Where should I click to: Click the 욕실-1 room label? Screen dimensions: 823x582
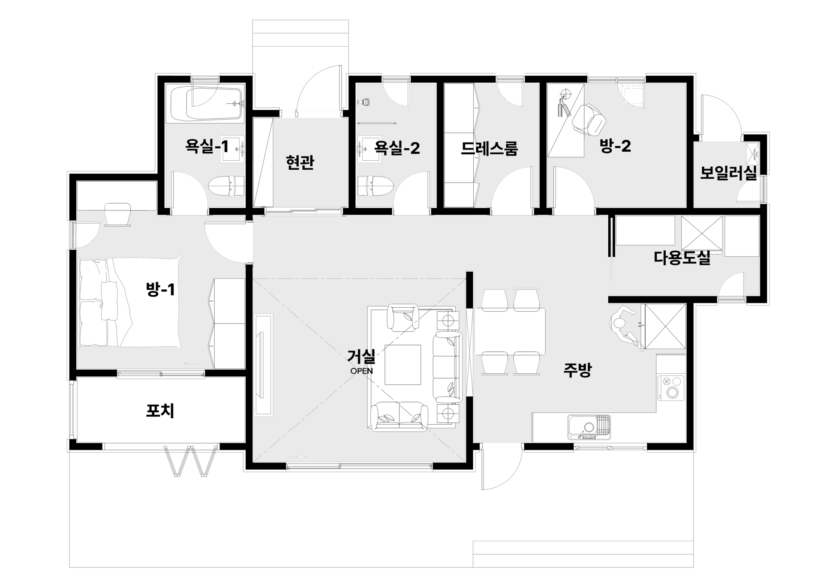[x=207, y=147]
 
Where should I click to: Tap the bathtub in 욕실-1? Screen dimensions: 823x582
[x=207, y=104]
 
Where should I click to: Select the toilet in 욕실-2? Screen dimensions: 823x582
[x=376, y=186]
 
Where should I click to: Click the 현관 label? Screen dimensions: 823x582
[x=300, y=163]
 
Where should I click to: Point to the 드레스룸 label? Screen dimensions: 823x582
[x=489, y=148]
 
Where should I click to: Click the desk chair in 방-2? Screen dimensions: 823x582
[x=590, y=119]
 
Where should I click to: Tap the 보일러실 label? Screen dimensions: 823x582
[x=728, y=173]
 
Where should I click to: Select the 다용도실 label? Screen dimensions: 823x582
[x=682, y=258]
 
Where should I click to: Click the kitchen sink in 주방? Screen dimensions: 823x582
[x=589, y=427]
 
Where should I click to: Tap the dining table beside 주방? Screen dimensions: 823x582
[x=510, y=331]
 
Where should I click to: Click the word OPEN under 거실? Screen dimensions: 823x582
[x=362, y=371]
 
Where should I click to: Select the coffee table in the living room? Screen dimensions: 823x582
[x=403, y=365]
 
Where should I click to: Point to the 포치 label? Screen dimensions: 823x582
[x=160, y=411]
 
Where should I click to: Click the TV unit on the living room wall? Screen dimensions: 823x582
[x=264, y=365]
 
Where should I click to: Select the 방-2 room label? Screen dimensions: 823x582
[x=615, y=147]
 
